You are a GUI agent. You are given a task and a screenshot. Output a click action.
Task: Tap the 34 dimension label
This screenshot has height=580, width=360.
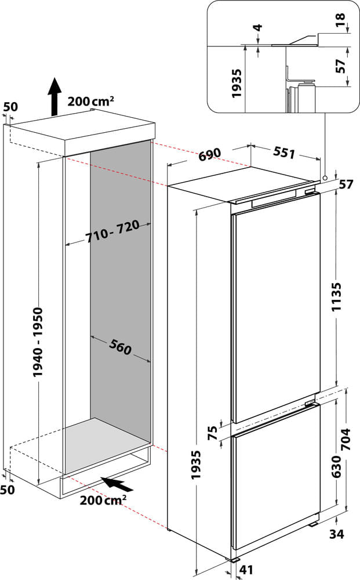[x=337, y=534]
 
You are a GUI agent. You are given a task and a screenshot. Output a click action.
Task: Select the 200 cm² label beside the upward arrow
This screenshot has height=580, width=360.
[x=91, y=101]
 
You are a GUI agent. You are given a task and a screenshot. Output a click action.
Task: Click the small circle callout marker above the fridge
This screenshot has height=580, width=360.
[x=325, y=177]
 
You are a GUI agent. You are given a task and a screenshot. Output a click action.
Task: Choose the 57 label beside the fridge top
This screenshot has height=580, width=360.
[x=346, y=185]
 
